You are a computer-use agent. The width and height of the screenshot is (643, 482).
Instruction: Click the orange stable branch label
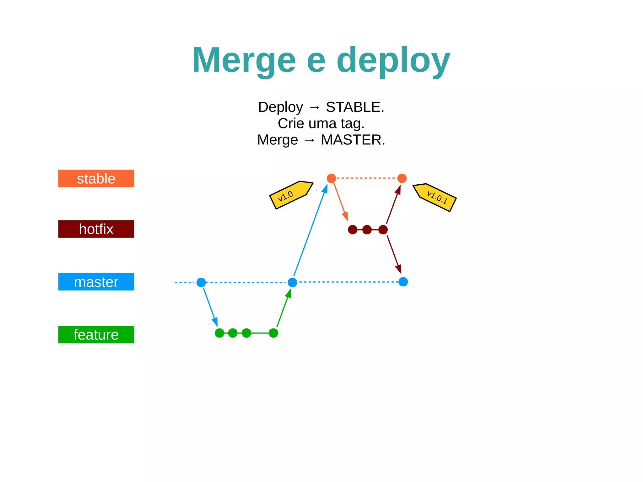96,178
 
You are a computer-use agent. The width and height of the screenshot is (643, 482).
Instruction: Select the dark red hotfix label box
96,229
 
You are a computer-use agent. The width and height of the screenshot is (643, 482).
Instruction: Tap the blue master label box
96,282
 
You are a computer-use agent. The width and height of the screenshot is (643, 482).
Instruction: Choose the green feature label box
96,334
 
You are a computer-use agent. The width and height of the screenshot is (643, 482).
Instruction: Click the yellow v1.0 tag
290,195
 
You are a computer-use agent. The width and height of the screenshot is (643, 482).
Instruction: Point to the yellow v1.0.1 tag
435,197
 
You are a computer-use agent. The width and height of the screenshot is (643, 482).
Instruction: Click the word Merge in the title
244,60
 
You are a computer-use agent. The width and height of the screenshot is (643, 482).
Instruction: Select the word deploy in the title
393,60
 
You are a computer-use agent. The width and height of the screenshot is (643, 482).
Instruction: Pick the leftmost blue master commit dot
201,282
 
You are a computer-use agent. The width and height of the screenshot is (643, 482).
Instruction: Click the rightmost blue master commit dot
403,282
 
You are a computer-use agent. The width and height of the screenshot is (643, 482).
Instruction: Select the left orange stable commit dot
331,178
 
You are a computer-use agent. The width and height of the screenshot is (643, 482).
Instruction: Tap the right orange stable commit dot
402,178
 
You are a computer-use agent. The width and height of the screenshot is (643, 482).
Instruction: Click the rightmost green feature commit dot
273,333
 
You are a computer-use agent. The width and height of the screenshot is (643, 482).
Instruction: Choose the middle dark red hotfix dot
367,230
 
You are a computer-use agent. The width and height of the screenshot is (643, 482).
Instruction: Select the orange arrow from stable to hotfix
340,201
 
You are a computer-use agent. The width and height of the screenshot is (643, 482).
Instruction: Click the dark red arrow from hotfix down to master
394,254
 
